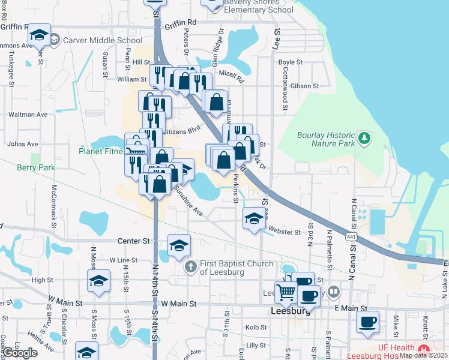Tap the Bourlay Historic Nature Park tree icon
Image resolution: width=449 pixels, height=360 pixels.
pos(363,139)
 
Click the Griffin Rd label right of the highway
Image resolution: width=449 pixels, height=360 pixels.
pos(182,22)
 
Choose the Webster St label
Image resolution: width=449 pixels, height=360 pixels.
pos(285,232)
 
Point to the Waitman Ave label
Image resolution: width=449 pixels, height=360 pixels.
pos(27,115)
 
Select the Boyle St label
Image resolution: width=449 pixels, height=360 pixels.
pos(291,62)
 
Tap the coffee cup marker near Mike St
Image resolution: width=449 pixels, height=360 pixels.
pos(367,322)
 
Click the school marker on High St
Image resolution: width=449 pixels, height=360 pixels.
pos(98,281)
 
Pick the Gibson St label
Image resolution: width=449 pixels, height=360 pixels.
pos(305,86)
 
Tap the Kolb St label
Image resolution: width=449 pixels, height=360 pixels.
pos(256,328)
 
